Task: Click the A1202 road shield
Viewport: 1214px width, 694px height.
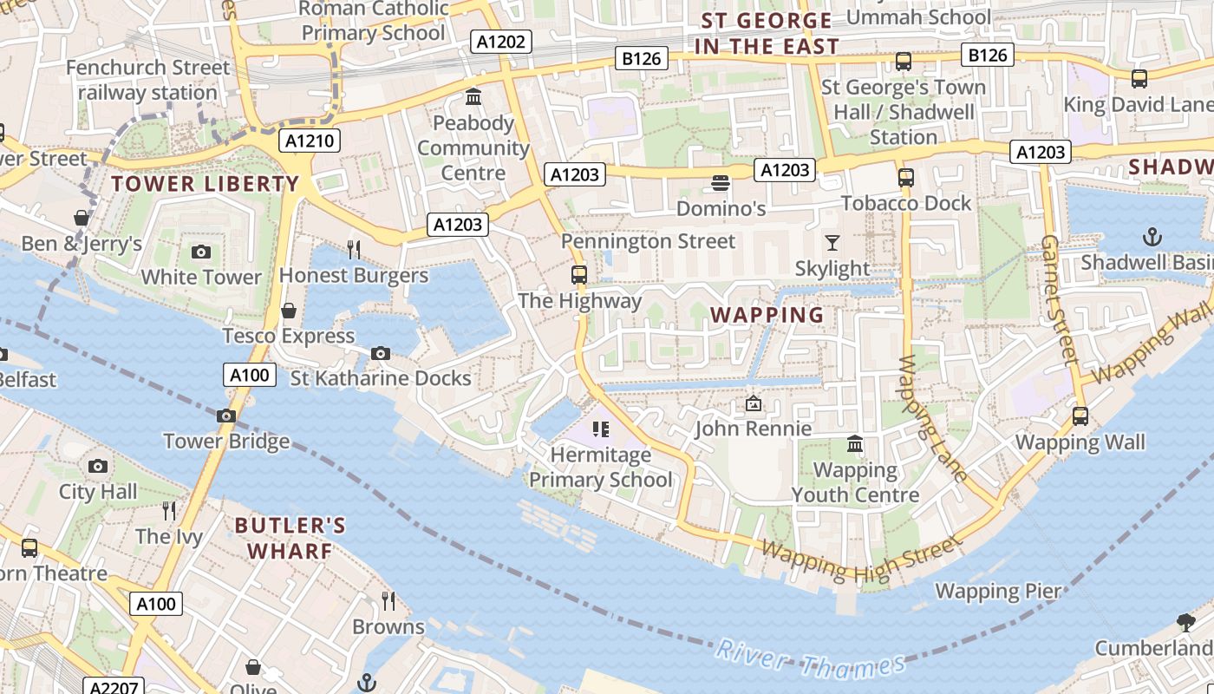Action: click(x=502, y=41)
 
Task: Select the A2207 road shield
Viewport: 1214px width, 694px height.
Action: click(x=114, y=687)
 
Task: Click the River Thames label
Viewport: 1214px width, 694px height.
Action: click(x=811, y=659)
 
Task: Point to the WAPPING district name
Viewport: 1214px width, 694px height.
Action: click(x=767, y=315)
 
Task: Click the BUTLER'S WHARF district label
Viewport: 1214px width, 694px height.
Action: click(x=290, y=538)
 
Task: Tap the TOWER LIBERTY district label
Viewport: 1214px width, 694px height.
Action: click(x=205, y=184)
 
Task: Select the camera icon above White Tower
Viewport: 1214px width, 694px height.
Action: click(x=201, y=252)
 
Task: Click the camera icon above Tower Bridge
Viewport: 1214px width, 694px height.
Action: click(x=226, y=416)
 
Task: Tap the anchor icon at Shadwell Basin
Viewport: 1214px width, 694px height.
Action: click(x=1152, y=236)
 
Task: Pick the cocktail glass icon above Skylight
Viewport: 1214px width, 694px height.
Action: click(x=832, y=242)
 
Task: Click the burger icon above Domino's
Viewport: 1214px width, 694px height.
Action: click(x=720, y=183)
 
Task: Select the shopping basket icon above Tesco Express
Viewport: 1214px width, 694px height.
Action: click(x=289, y=311)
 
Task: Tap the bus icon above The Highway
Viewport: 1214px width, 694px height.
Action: click(x=579, y=275)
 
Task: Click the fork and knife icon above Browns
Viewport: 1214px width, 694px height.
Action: click(x=388, y=599)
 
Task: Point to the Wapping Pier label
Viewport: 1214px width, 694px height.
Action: click(x=997, y=592)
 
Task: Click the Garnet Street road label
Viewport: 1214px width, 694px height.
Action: click(x=1060, y=298)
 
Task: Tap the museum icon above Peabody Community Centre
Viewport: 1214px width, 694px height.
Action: click(x=473, y=96)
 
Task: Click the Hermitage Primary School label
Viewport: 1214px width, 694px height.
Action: click(x=601, y=467)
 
